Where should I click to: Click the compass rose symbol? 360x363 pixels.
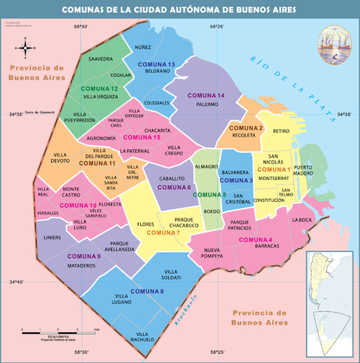(26, 49)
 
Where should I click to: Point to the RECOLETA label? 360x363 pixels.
(244, 136)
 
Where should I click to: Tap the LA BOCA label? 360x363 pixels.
(301, 220)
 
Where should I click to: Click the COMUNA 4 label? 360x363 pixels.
(256, 239)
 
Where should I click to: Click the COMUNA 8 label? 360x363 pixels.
(147, 291)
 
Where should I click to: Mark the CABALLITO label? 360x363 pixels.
(172, 178)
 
